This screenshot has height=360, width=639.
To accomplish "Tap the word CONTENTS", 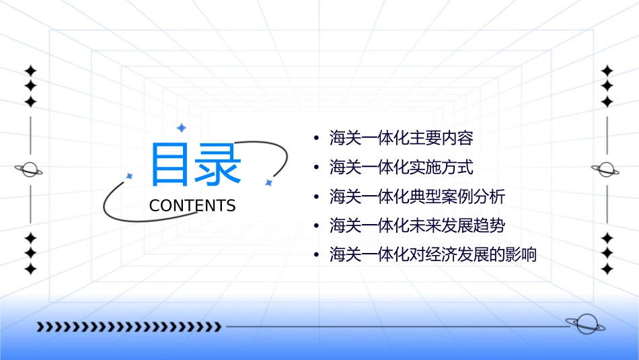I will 192,206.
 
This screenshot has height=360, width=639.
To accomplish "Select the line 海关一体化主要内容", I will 401,139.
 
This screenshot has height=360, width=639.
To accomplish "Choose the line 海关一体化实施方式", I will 401,168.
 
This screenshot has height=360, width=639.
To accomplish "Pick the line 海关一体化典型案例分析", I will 416,196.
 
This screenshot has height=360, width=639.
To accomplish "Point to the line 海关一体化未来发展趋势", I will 416,225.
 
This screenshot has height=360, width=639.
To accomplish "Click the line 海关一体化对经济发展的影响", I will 433,255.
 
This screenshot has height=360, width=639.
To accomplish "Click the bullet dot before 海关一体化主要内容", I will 316,139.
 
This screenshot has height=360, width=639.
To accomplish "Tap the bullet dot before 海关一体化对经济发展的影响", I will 316,256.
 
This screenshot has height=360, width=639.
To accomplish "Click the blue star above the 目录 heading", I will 180,128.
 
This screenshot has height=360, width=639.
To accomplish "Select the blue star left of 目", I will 129,176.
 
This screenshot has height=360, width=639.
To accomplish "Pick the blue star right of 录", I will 268,182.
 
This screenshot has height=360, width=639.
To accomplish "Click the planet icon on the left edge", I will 30,170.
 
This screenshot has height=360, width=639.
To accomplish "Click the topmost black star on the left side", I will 30,70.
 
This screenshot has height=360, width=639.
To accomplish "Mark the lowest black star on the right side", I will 607,269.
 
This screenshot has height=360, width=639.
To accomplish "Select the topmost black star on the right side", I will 607,70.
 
